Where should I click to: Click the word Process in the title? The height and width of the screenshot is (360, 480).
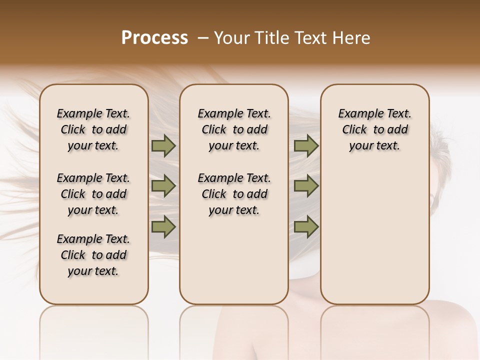[154, 37]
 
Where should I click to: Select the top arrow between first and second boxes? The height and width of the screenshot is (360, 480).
[163, 146]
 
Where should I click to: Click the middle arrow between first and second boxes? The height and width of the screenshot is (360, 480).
[163, 186]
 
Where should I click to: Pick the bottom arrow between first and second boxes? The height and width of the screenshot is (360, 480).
[163, 227]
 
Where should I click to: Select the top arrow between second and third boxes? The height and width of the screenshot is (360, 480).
[306, 146]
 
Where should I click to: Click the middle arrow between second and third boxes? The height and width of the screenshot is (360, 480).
[306, 186]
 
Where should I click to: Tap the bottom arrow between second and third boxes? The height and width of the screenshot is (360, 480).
[306, 227]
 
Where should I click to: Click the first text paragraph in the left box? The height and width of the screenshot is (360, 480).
[93, 129]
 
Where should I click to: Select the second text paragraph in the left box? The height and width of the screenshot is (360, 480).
[93, 194]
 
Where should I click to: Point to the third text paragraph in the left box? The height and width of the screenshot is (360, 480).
[93, 255]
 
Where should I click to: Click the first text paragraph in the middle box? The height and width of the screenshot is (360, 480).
[234, 129]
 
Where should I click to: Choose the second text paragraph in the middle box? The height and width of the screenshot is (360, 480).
[234, 194]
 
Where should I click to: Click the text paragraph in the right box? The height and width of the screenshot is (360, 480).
[375, 129]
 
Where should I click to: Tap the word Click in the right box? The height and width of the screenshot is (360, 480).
[354, 130]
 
